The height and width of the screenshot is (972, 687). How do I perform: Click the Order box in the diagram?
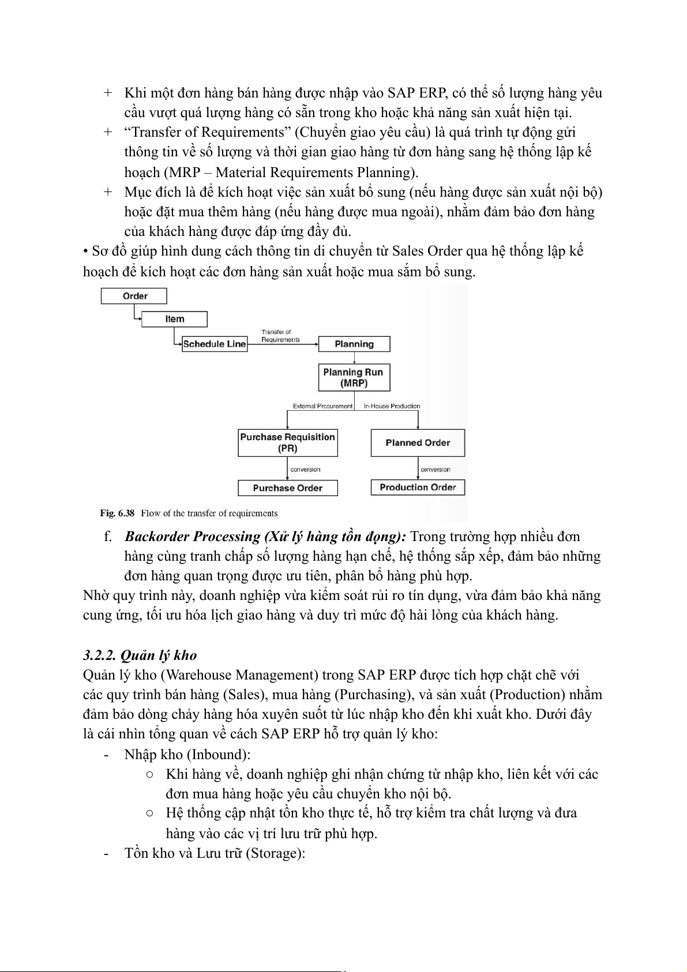coord(134,296)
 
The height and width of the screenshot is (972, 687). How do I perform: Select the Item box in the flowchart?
coord(174,319)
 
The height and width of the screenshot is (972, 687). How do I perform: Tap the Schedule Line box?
coord(214,344)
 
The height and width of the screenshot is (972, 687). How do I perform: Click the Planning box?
coord(354,344)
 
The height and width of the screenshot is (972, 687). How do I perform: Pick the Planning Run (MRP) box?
coord(354,378)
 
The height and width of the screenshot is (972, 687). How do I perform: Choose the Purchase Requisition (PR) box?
coord(287,442)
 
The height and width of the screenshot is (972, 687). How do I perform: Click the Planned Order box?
coord(418,443)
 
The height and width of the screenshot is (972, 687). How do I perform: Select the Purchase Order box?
coord(287,488)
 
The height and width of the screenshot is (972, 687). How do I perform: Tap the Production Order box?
coord(418,487)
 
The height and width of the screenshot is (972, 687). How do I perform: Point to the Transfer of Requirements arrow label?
coord(280,336)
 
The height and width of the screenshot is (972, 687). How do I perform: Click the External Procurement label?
coord(322,406)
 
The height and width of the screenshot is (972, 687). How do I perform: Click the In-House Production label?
coord(392,406)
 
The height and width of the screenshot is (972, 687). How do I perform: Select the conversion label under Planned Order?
coord(436,470)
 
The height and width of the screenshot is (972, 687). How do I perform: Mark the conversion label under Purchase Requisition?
coord(305,470)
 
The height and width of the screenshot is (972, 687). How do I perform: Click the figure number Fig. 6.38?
coord(117,513)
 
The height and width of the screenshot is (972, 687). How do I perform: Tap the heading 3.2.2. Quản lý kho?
coord(140,655)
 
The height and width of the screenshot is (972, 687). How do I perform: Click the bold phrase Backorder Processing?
coord(193,537)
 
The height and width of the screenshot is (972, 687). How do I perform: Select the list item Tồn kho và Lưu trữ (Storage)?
coord(214,853)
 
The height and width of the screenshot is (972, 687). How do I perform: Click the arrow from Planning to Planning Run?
coord(354,358)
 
